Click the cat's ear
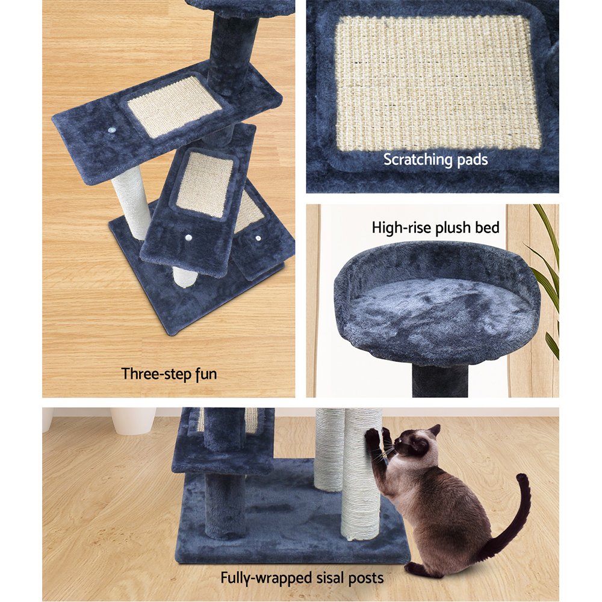(x=433, y=431)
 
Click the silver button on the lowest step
(x=258, y=238)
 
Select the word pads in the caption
(x=472, y=160)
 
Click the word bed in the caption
(x=488, y=228)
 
